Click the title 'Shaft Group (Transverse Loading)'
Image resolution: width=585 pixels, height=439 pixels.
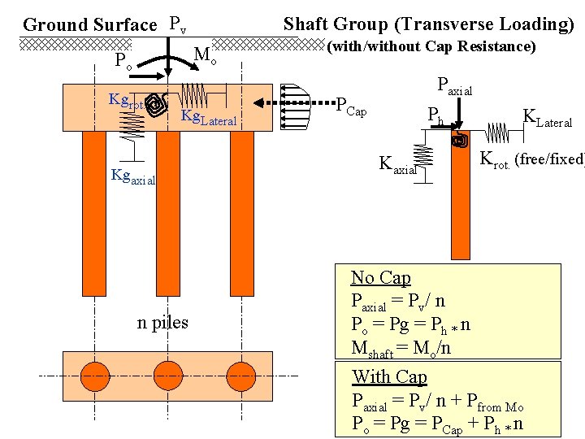tap(428, 24)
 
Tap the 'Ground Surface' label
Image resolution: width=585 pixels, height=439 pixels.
tap(89, 25)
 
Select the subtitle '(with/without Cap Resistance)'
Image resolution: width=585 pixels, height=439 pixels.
tap(431, 47)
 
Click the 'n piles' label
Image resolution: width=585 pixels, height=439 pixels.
tap(162, 322)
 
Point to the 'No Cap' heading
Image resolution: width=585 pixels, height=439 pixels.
tap(380, 278)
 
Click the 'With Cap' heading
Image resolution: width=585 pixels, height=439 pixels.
tap(389, 376)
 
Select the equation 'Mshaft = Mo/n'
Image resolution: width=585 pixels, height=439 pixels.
tap(401, 348)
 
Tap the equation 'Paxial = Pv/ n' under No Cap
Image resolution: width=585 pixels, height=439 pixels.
tap(398, 302)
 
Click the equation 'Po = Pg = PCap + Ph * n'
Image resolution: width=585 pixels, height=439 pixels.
tap(437, 424)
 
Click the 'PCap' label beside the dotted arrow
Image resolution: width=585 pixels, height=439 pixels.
tap(351, 110)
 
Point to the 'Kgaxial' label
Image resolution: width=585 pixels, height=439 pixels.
tap(132, 176)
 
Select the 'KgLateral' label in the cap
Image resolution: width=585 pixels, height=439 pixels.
tap(209, 119)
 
